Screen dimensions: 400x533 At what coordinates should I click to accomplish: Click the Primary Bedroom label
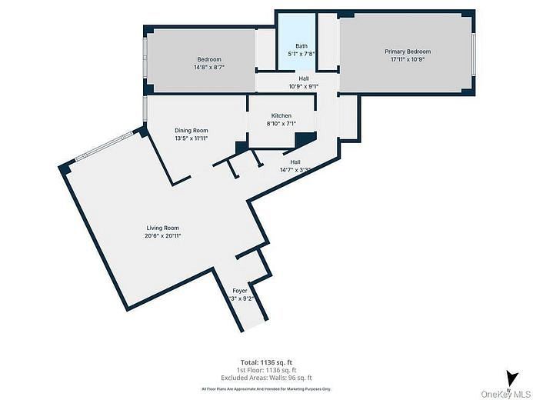(408, 52)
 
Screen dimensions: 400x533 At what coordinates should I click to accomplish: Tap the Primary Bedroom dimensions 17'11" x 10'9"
(408, 59)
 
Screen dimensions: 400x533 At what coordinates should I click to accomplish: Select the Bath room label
(301, 46)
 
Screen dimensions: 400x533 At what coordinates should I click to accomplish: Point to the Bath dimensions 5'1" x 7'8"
(301, 54)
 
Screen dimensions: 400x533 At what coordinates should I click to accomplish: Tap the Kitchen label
(281, 115)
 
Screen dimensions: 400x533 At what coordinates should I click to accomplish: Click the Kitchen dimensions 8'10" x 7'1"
(281, 123)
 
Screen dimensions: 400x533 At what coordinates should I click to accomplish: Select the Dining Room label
(191, 131)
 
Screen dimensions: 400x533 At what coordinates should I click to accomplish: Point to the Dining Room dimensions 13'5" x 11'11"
(191, 139)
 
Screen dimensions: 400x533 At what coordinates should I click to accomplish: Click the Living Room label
(162, 228)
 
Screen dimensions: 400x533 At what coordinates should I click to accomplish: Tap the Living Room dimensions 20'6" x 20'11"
(162, 236)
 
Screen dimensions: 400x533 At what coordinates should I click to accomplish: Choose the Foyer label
(240, 291)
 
